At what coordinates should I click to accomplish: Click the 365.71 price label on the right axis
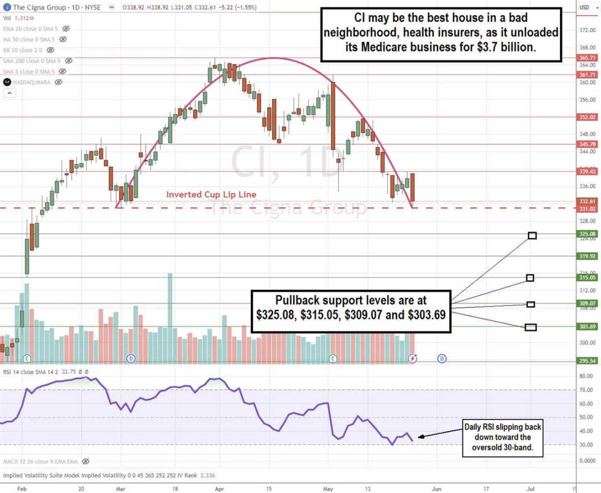(587, 58)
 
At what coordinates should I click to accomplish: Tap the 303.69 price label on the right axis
(587, 326)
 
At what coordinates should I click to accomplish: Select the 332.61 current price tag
(587, 201)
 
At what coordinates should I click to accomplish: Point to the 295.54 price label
(587, 361)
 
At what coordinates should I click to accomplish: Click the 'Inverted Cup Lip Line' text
(211, 194)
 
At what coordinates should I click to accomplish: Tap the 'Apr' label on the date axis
(219, 489)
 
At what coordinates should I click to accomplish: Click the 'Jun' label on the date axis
(436, 489)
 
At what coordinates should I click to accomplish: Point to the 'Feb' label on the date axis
(22, 489)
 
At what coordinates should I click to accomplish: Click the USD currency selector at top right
(587, 7)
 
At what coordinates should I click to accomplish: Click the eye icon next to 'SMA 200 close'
(69, 61)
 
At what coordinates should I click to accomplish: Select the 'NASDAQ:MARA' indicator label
(32, 82)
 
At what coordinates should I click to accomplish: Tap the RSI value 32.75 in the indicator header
(69, 372)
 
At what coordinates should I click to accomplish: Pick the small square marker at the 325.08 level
(532, 236)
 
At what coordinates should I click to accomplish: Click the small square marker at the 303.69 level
(531, 327)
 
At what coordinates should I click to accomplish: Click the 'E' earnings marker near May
(333, 359)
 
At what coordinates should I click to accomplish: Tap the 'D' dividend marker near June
(442, 359)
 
